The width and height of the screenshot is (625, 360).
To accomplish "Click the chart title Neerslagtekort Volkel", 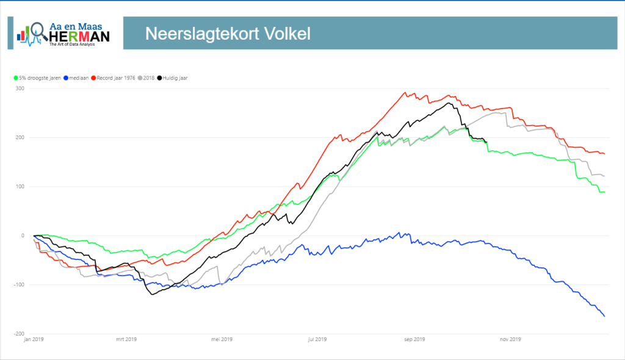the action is pos(228,34).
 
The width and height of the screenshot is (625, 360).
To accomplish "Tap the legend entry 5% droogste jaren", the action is pos(37,78).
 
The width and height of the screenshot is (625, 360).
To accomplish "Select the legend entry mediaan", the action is pos(76,78).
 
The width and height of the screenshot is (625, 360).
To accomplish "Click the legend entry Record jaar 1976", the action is pos(113,78).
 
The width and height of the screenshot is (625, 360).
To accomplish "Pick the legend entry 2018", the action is pos(146,78).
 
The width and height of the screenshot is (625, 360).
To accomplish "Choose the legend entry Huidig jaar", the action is pos(172,78).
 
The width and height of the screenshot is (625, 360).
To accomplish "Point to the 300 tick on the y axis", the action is pos(20,88).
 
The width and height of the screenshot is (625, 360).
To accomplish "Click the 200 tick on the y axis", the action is pos(20,137).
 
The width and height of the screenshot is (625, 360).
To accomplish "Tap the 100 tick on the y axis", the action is pos(20,187).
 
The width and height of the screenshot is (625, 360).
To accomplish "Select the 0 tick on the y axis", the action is pos(23,236).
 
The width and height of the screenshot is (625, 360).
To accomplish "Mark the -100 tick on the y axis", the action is pos(19,285).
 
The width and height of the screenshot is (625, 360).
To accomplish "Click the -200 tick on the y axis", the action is pos(19,334).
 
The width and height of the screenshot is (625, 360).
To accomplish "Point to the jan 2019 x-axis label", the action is pos(34,339).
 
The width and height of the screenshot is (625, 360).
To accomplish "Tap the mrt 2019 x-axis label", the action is pos(126,339).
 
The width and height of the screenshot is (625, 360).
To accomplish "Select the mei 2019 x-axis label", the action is pos(222,339).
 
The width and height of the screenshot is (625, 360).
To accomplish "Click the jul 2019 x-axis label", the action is pos(317,339).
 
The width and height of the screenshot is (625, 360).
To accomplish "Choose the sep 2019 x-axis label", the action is pos(414,339).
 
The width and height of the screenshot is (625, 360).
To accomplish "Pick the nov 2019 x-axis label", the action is pos(510,339).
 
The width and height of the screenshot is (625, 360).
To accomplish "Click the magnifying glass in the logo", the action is pos(38,31).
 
